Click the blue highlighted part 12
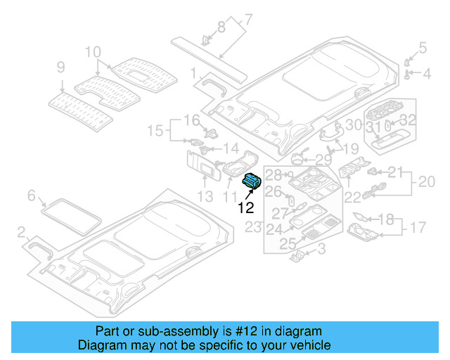point(251,181)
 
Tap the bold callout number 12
point(245,207)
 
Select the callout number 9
point(60,67)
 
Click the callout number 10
point(94,51)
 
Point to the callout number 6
point(32,195)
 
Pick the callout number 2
point(21,231)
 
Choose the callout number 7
point(248,19)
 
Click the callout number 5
point(423,48)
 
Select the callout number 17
point(418,228)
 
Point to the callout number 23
point(253,227)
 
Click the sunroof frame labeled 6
point(70,214)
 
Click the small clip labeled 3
point(297,256)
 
